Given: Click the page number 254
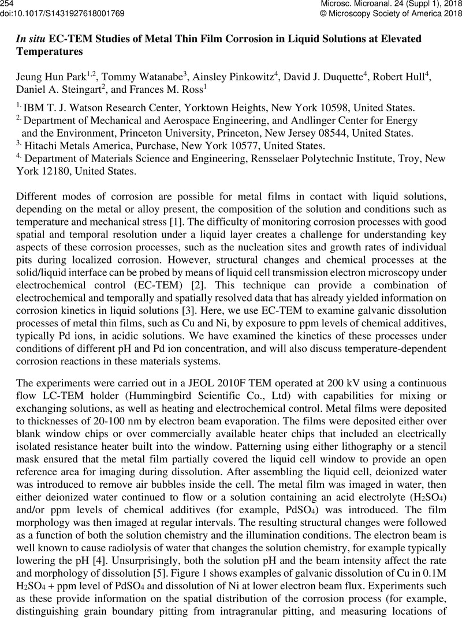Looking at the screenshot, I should [x=8, y=4].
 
